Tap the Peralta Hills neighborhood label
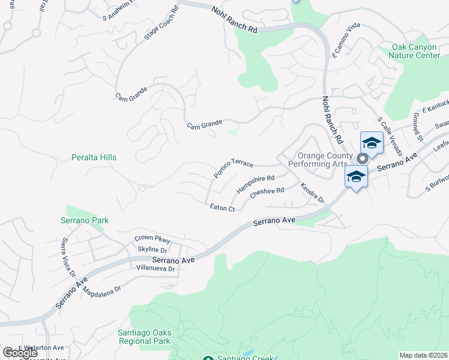coord(91,157)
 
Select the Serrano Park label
coord(85,220)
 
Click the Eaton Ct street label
coord(222,208)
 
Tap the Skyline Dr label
coord(152,249)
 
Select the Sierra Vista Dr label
coord(68,257)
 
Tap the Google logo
coord(20,352)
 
